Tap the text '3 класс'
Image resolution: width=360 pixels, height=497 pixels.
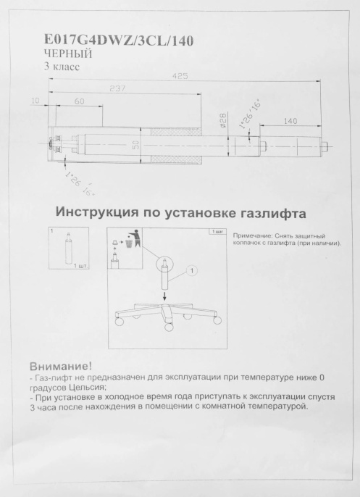[x=62, y=67]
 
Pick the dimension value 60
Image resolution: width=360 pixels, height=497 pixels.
[x=79, y=102]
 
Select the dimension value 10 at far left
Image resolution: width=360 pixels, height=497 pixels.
[x=35, y=101]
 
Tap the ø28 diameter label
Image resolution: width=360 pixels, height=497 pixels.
[x=224, y=118]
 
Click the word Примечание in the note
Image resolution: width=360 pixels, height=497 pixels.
[x=251, y=236]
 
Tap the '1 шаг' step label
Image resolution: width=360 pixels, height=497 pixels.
[x=216, y=231]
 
